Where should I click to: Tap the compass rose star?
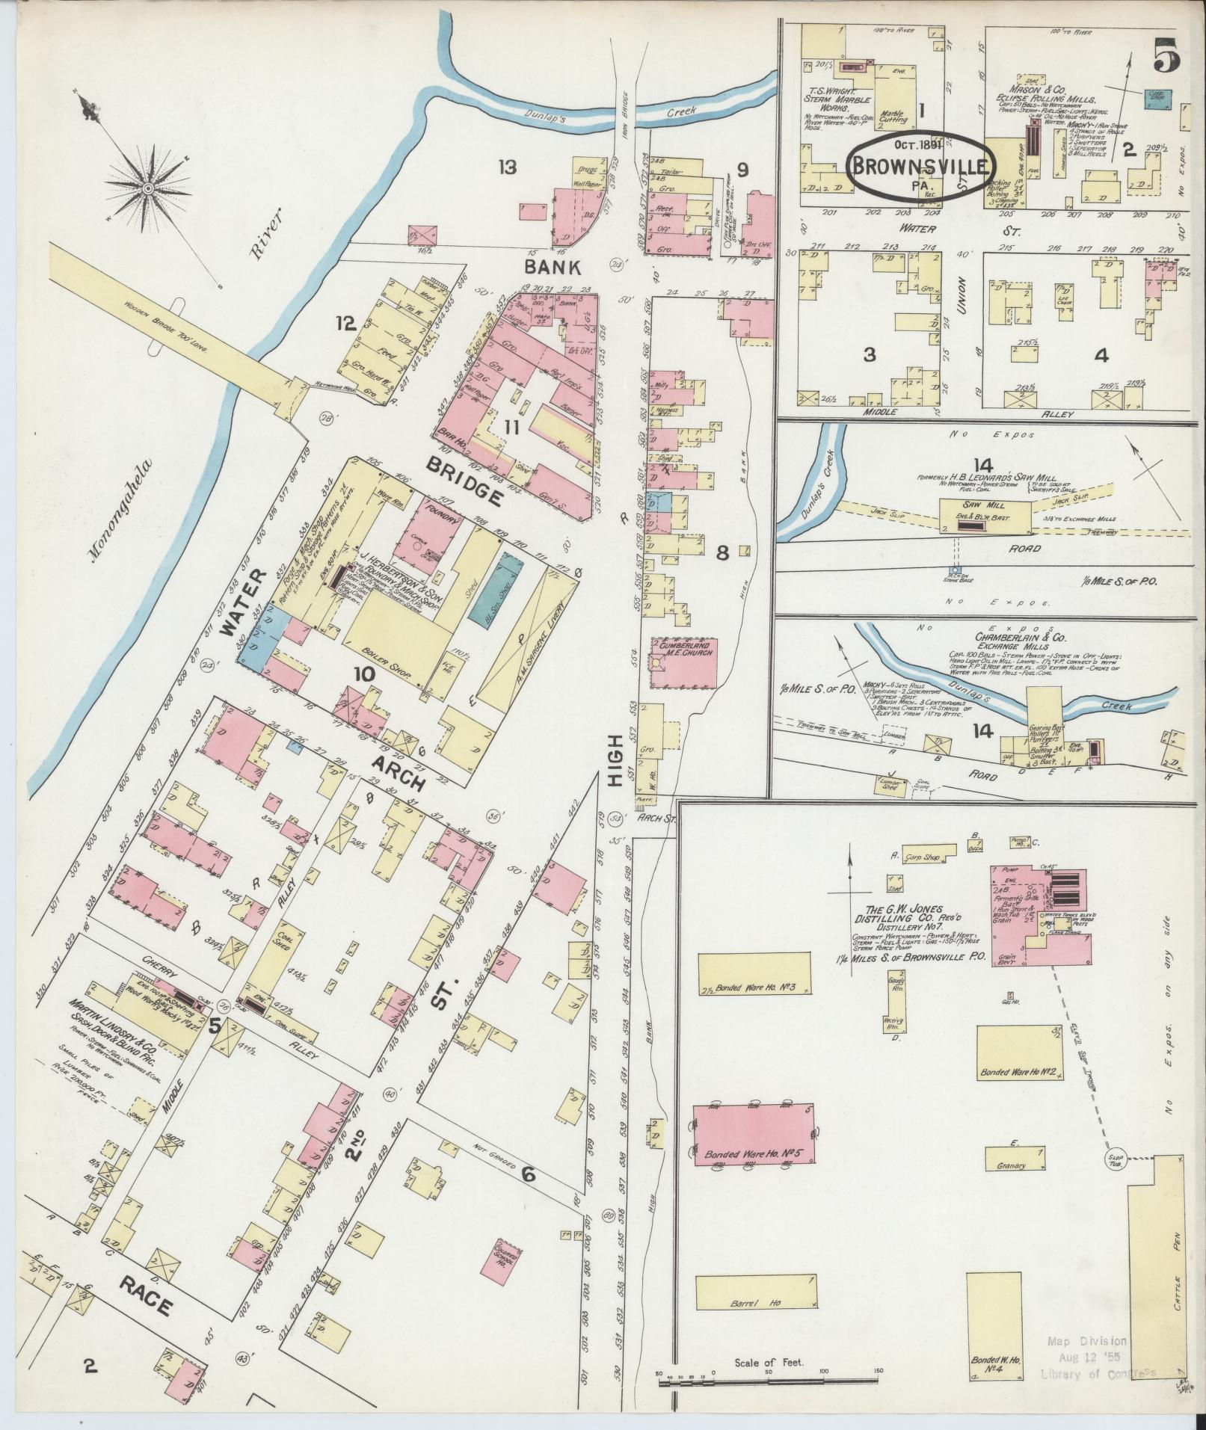click(x=148, y=186)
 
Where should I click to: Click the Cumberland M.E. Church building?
click(x=684, y=662)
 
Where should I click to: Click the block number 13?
click(x=509, y=167)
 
